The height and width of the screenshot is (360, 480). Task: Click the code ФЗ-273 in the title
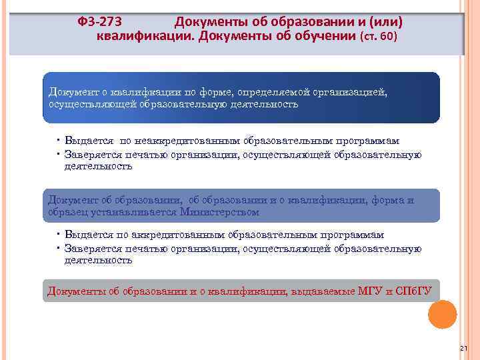click(100, 22)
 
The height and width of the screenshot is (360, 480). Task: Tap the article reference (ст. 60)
click(378, 36)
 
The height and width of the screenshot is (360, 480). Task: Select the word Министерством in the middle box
click(219, 212)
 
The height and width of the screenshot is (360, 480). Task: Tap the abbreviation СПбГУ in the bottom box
click(418, 291)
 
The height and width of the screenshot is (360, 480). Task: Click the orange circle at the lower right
click(442, 314)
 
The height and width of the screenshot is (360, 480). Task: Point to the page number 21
click(464, 349)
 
